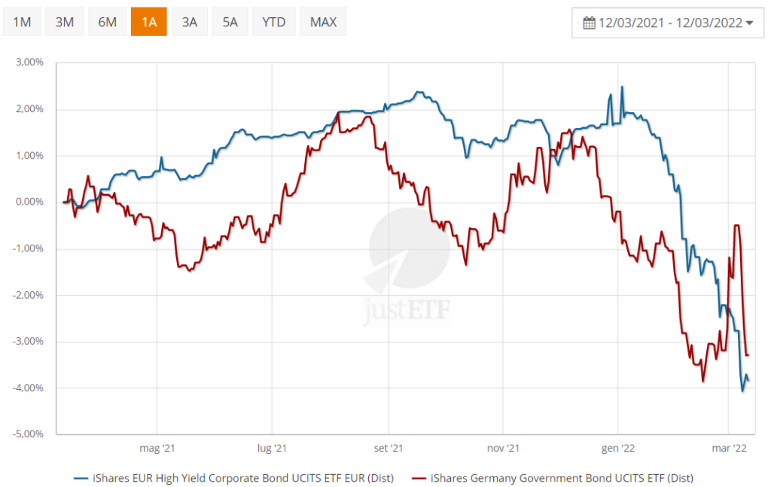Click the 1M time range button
tap(22, 22)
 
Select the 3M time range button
tap(65, 22)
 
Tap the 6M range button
tap(107, 22)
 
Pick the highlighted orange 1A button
tap(149, 22)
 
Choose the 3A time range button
tap(190, 22)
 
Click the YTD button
tap(274, 22)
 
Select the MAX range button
tap(324, 22)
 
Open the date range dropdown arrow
tap(749, 23)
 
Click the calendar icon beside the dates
tap(589, 23)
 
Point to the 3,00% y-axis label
tap(29, 62)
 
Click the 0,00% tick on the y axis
tap(29, 202)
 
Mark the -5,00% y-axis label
tap(28, 434)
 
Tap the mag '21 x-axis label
tap(157, 448)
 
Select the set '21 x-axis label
tap(389, 448)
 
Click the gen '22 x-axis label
tap(618, 448)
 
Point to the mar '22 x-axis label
tap(729, 448)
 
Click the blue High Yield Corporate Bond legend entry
tap(234, 478)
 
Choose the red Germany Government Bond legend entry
tap(553, 478)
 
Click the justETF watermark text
tap(406, 310)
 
